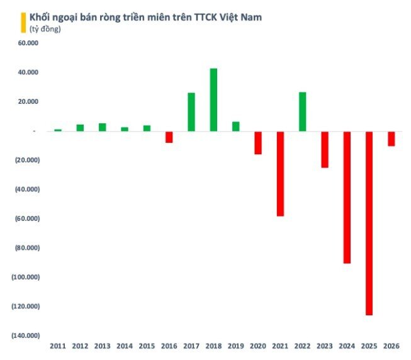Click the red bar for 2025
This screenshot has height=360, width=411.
[369, 223]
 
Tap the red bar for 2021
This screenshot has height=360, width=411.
[280, 173]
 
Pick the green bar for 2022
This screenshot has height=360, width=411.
[302, 111]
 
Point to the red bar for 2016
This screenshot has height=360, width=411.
[169, 137]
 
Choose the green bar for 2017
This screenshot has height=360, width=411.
[191, 111]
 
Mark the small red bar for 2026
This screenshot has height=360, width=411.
[391, 138]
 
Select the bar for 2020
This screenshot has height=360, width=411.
[258, 142]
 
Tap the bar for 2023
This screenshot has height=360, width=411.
[325, 149]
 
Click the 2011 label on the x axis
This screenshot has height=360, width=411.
[58, 346]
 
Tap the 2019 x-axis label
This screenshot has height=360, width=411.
[235, 346]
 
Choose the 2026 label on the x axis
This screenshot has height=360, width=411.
[391, 346]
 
